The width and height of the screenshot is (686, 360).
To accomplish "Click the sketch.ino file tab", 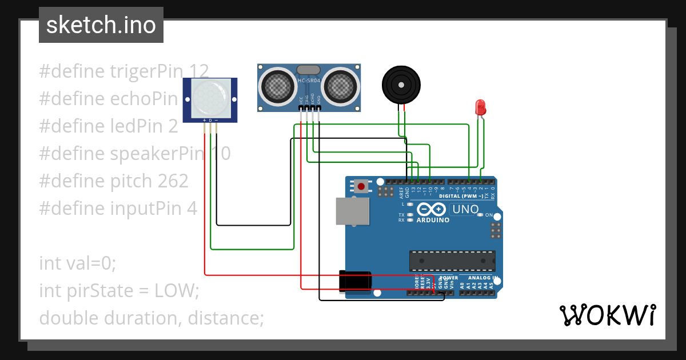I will click(x=101, y=25).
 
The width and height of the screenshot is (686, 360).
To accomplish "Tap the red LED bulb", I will click(x=480, y=107).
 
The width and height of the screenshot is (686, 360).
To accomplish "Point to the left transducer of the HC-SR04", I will click(x=278, y=86).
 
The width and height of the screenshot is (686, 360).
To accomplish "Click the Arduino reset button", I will click(x=361, y=186).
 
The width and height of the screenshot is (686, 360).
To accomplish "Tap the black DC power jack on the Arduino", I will click(x=355, y=282).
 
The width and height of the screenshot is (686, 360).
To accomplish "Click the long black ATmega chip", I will click(x=452, y=261).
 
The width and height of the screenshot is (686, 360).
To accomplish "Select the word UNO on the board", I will click(x=465, y=210).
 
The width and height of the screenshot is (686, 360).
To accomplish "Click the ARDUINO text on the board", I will click(x=433, y=220).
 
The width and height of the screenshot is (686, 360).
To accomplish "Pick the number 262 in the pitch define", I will click(x=172, y=181).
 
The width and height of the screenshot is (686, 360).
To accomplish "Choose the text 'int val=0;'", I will click(x=78, y=263).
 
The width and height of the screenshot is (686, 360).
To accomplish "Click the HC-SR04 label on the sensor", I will click(x=309, y=81).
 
